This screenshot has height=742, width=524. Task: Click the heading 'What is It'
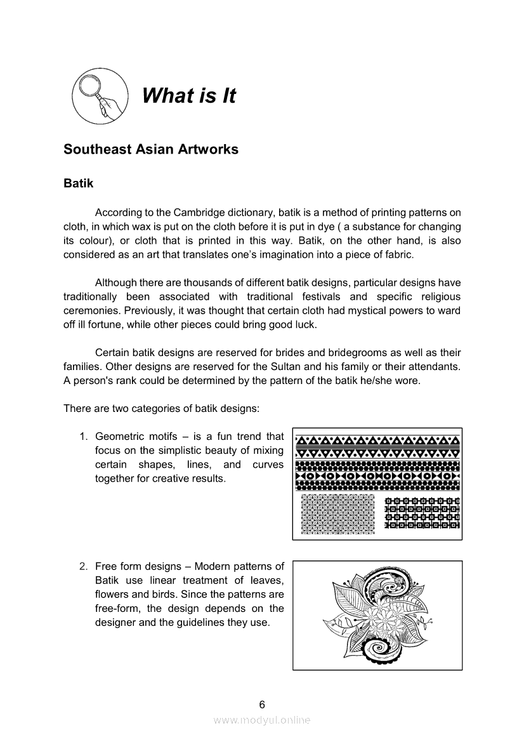pos(188,96)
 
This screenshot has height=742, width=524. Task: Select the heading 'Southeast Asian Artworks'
pos(151,150)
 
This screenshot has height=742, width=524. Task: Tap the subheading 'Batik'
pos(79,184)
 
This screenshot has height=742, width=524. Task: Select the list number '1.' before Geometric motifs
pos(83,437)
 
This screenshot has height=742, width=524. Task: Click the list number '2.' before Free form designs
pos(83,566)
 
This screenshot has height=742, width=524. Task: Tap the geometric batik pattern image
pos(377,484)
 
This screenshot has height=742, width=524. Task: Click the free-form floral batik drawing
pos(377,615)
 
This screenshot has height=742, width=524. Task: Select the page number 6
pos(262,705)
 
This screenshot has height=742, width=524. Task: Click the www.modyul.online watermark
pos(262,720)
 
